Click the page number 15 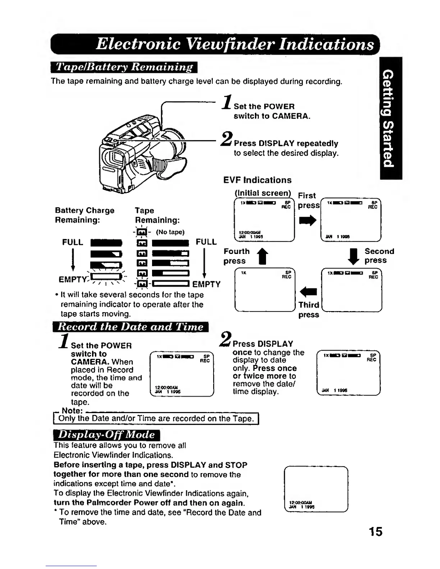point(375,532)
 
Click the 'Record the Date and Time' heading point(130,327)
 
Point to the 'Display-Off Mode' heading point(106,435)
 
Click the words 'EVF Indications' point(257,180)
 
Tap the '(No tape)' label point(170,232)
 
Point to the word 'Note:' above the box point(72,410)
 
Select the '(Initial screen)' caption point(263,193)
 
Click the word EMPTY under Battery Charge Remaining point(73,280)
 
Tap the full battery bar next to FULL point(106,243)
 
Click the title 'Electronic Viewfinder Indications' point(235,44)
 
